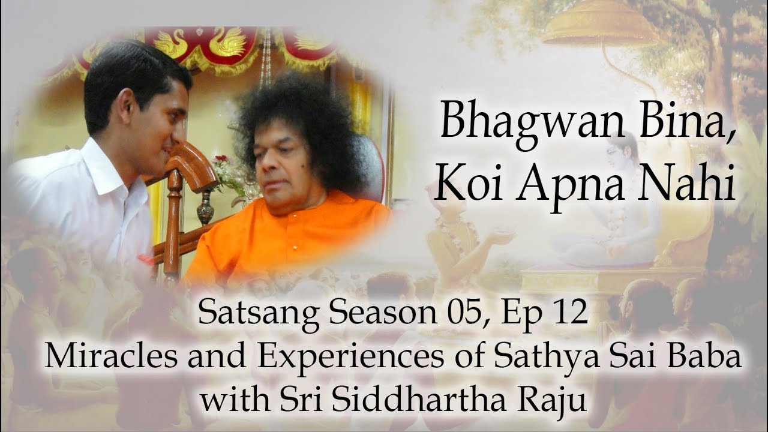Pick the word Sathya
(x=548, y=359)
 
